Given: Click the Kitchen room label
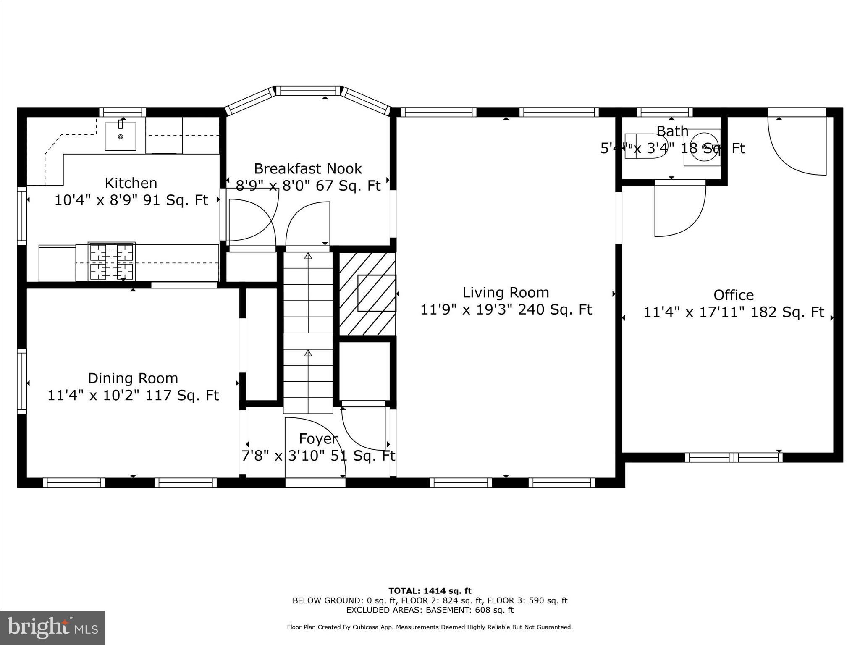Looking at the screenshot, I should click(131, 183).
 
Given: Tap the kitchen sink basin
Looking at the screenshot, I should click(121, 136).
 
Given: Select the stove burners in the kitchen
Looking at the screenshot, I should click(112, 262).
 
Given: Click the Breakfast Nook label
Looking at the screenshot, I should click(308, 169).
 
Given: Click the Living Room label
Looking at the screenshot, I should click(506, 293).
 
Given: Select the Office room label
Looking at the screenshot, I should click(733, 295).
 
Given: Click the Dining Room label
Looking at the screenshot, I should click(133, 378).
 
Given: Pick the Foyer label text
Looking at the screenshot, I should click(318, 439).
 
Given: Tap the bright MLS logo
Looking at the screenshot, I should click(52, 627).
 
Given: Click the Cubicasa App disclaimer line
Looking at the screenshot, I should click(430, 627).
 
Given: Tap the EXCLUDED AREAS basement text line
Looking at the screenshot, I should click(430, 610).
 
